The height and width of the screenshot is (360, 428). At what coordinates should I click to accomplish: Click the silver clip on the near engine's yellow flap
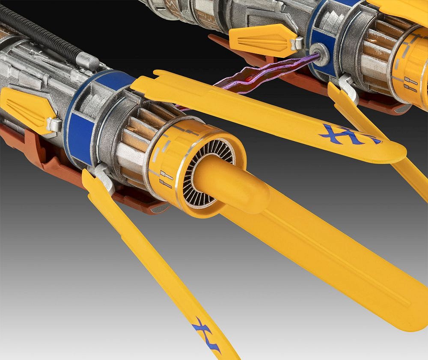tap(54, 125)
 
